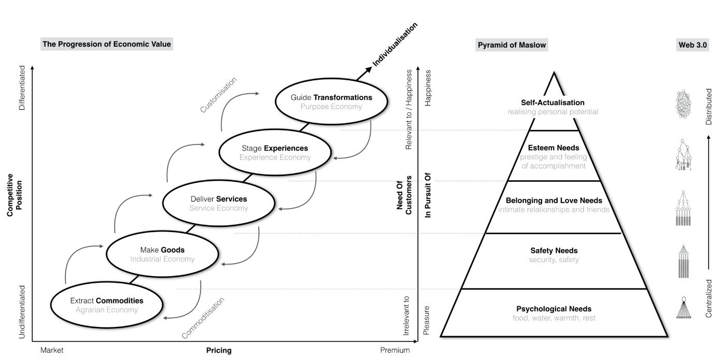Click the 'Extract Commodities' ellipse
point(107,305)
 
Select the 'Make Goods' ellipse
point(162,254)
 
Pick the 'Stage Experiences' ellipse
point(275,153)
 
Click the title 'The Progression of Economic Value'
point(107,45)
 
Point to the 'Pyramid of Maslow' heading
point(511,45)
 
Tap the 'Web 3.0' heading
point(693,45)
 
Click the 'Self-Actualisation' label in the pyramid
point(553,103)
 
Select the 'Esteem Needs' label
point(553,148)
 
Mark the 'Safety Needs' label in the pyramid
point(553,251)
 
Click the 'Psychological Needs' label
point(553,309)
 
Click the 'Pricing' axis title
point(219,350)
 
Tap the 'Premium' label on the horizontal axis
point(394,350)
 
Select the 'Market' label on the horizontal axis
point(52,350)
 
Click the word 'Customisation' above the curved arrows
point(218,94)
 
